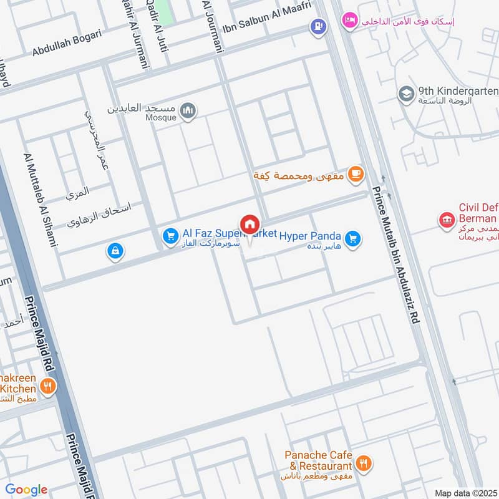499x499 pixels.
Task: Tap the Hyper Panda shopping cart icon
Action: [x=353, y=238]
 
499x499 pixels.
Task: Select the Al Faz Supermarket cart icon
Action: [x=170, y=236]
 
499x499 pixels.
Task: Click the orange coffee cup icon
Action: [x=356, y=174]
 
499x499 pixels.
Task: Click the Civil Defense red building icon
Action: [x=447, y=220]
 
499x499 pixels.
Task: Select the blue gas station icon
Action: [x=319, y=27]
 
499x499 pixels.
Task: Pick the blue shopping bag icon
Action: [x=115, y=251]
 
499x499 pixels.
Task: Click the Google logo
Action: [x=26, y=490]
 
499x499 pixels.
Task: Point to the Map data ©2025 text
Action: [x=465, y=493]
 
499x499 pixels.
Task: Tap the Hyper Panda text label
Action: [x=310, y=236]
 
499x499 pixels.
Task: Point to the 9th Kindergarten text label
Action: [x=459, y=92]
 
